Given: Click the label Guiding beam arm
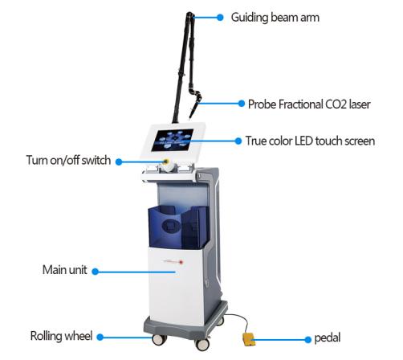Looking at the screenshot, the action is (x=275, y=18).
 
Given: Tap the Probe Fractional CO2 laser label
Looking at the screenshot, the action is (x=309, y=104).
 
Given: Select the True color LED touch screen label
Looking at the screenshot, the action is (x=310, y=141).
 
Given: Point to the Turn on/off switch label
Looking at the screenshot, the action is (x=68, y=160).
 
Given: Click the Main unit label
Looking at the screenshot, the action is (x=65, y=270).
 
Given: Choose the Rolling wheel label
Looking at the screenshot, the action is (x=61, y=336).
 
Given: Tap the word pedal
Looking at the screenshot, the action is (x=328, y=338).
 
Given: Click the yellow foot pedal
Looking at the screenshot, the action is (x=249, y=339).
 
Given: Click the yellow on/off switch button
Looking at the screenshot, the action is (x=166, y=162).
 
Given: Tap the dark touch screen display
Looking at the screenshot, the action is (x=173, y=140).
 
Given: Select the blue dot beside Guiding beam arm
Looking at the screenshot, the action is (x=220, y=18).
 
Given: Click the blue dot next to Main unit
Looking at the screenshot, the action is (x=95, y=272).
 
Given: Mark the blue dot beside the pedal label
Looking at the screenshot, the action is (x=308, y=340).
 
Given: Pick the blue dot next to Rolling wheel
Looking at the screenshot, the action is (x=100, y=337).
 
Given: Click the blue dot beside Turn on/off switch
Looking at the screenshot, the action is (x=119, y=162).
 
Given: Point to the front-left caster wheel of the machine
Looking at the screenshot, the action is (x=159, y=339).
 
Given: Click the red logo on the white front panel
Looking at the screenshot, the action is (x=181, y=262).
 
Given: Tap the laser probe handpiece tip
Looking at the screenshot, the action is (x=190, y=117).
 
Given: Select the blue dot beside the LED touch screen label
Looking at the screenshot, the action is (x=238, y=141).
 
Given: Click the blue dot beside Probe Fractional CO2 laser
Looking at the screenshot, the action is (x=241, y=104).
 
